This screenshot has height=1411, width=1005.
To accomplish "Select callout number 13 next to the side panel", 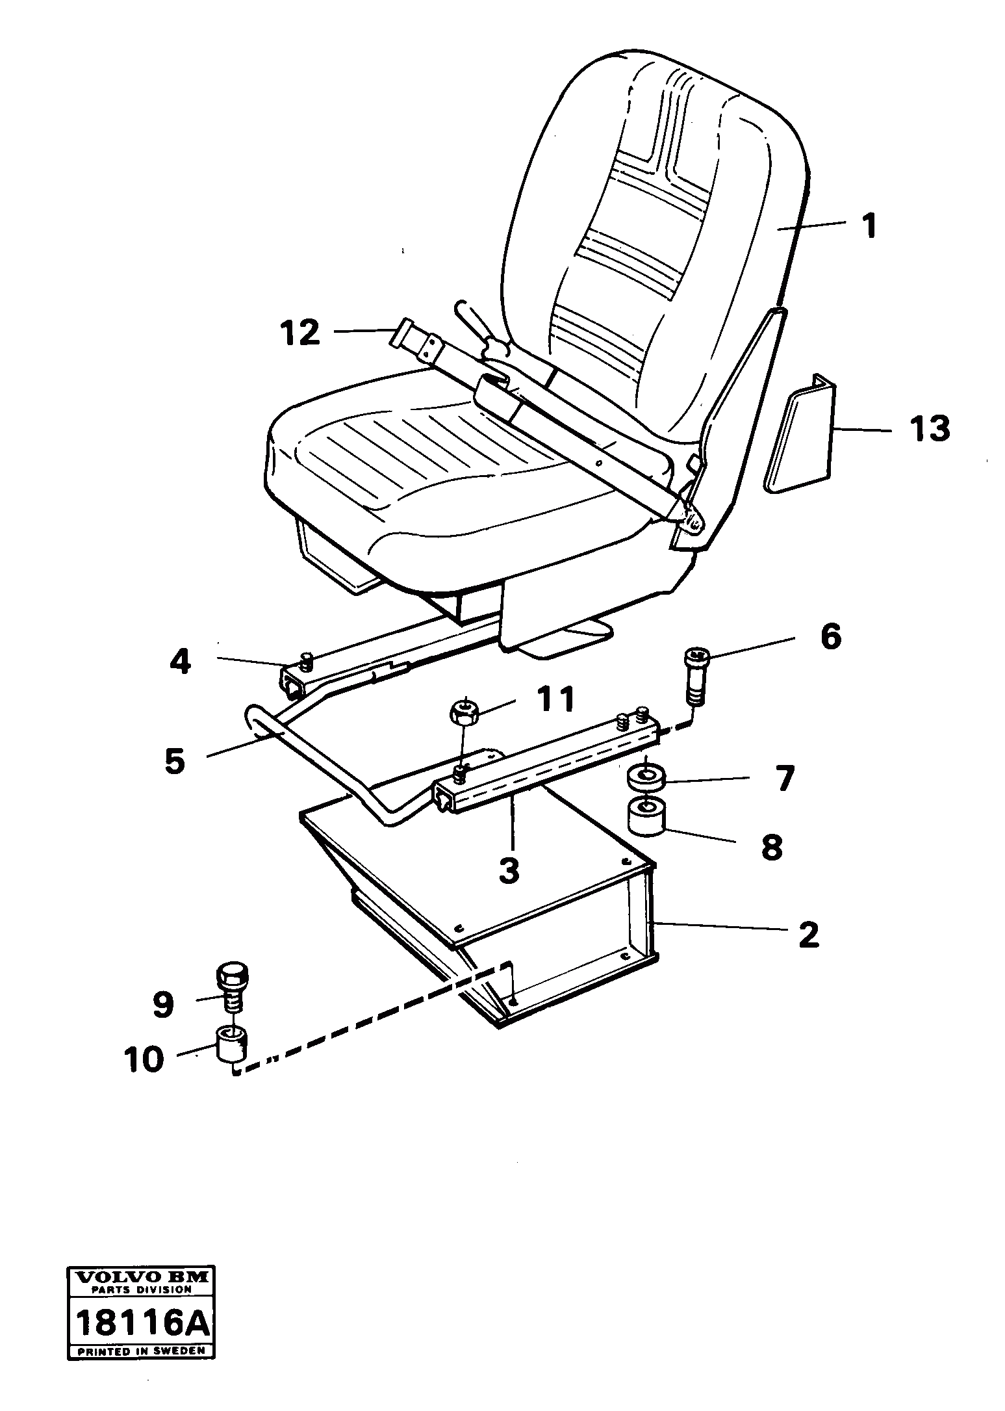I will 930,430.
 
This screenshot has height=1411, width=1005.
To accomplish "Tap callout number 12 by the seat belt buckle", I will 299,333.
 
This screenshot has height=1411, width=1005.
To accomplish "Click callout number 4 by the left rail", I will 180,662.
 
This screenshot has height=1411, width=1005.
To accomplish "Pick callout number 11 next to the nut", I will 555,699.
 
